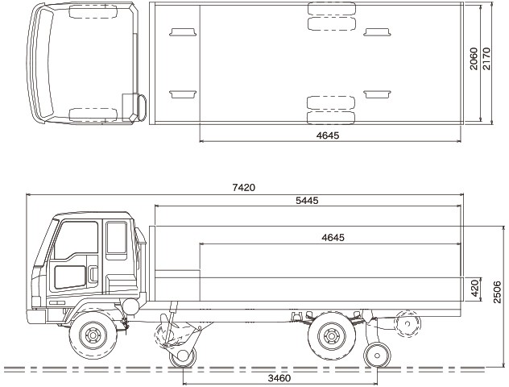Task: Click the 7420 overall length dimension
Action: [244, 188]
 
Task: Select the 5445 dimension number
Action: [307, 201]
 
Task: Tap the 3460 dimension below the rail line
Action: [279, 378]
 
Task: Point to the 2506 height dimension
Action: [497, 293]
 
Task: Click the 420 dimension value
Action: [474, 288]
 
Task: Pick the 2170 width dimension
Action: [486, 59]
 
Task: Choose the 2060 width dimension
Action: [474, 59]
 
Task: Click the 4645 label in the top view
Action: [328, 135]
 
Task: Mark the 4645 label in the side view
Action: [333, 238]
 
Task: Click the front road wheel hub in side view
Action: [93, 335]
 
